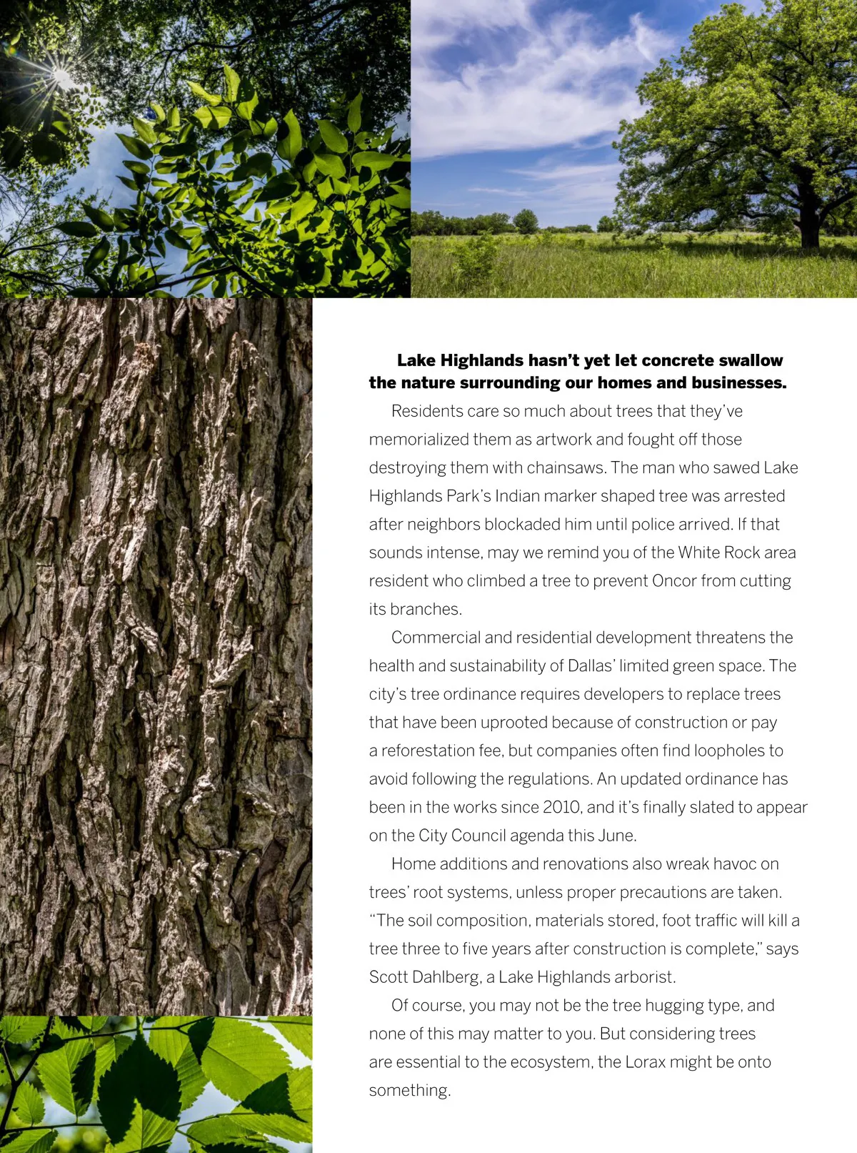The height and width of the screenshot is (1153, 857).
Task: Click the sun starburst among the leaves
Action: [x=60, y=75]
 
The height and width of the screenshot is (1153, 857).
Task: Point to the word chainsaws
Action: [x=566, y=468]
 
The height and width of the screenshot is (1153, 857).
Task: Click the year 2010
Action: [x=561, y=808]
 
